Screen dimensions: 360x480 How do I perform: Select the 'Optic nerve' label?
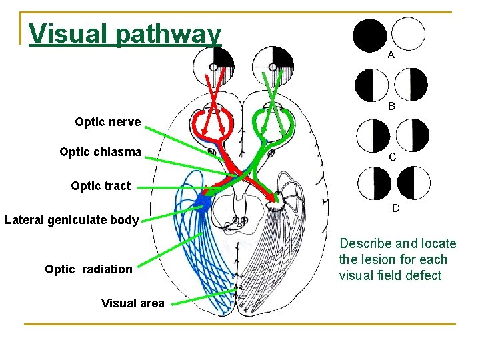[107, 121]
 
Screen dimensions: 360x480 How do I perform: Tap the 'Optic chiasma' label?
[100, 152]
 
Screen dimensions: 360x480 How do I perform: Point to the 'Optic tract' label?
[101, 186]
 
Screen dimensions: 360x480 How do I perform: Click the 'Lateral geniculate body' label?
[71, 219]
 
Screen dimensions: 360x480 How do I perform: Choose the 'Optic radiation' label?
[89, 269]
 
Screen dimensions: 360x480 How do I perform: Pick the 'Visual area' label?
[133, 303]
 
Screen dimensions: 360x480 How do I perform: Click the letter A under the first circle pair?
[391, 55]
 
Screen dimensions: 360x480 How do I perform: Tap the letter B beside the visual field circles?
[392, 105]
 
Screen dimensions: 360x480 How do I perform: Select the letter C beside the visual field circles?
[393, 157]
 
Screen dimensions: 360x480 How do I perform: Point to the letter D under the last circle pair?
[395, 208]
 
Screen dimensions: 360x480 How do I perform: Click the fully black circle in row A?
[370, 35]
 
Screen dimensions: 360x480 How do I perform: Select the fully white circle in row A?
[408, 34]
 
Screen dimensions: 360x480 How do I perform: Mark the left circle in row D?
[374, 183]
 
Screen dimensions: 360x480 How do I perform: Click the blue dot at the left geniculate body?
[204, 201]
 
